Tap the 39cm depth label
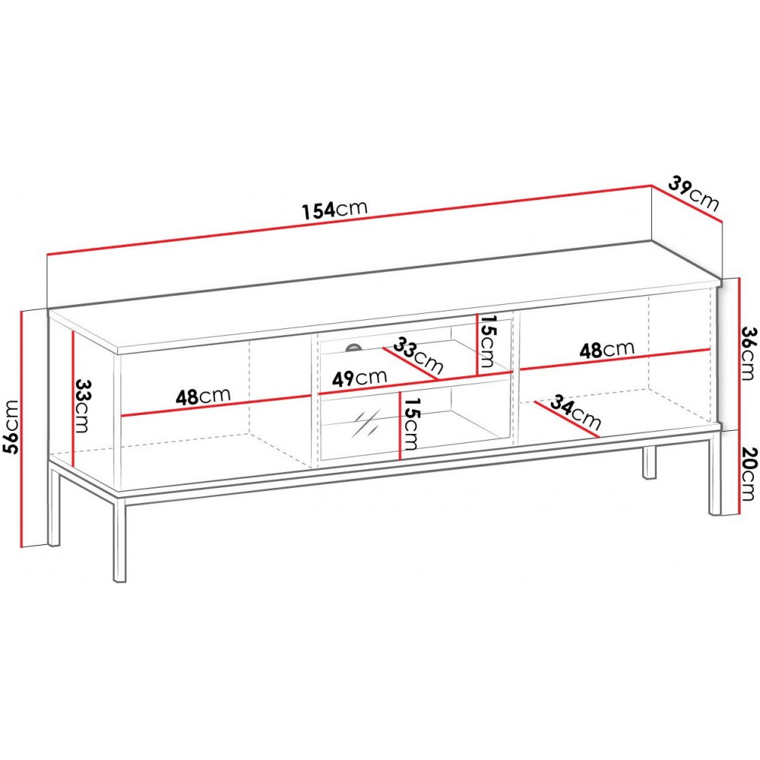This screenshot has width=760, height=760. pos(694,193)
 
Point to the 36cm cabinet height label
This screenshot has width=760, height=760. pos(749,353)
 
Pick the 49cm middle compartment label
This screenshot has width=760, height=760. pos(359,378)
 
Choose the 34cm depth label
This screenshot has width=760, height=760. pos(575,413)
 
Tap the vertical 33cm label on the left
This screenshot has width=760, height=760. pos(82,406)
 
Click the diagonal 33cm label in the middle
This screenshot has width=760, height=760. pos(418,355)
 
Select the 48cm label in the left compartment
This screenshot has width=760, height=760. pos(203,396)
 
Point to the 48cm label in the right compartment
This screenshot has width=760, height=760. pos(606,349)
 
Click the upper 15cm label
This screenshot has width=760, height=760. pos(487,341)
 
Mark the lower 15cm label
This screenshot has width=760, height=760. pos(412,424)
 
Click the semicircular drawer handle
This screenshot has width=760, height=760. pos(354,347)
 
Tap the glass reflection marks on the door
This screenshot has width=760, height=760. pos(366,423)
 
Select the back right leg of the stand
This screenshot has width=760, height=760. pos(650,462)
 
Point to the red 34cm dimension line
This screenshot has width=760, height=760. pos(567,420)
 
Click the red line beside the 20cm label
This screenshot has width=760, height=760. pos(739,473)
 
